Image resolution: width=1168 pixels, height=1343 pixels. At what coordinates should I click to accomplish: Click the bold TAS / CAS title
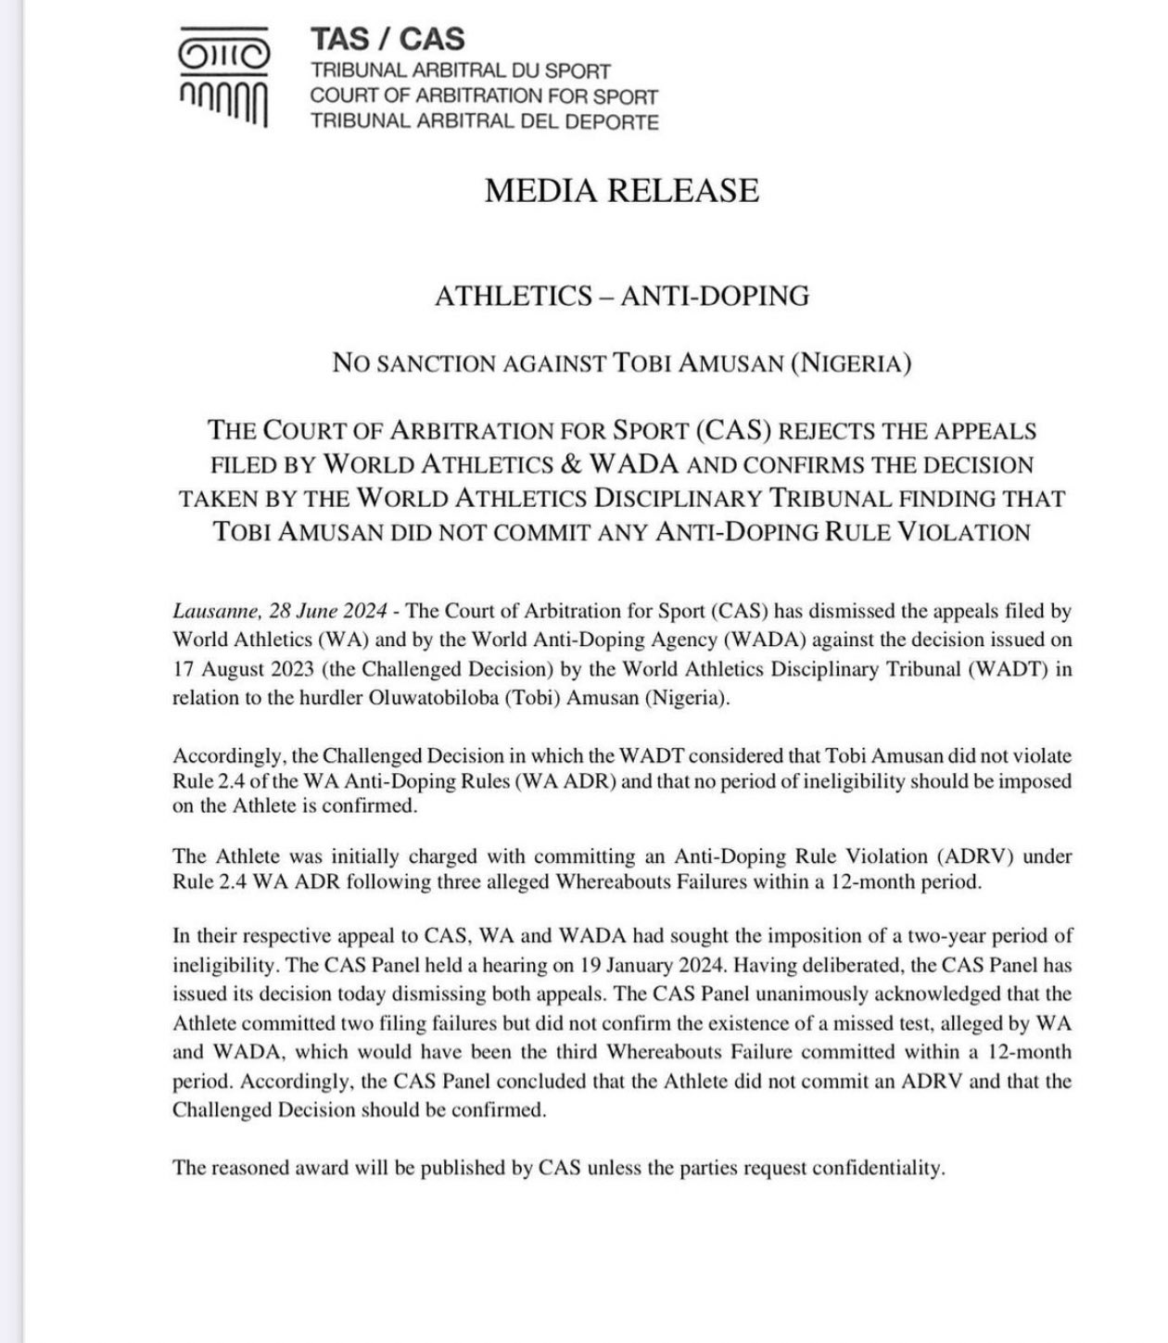[387, 39]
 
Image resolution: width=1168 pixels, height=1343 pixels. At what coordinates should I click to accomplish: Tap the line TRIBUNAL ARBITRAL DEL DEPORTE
[485, 121]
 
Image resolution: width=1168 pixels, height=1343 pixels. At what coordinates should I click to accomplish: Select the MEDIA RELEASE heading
[622, 191]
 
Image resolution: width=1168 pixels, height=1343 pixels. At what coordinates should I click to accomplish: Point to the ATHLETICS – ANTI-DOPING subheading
[622, 296]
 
